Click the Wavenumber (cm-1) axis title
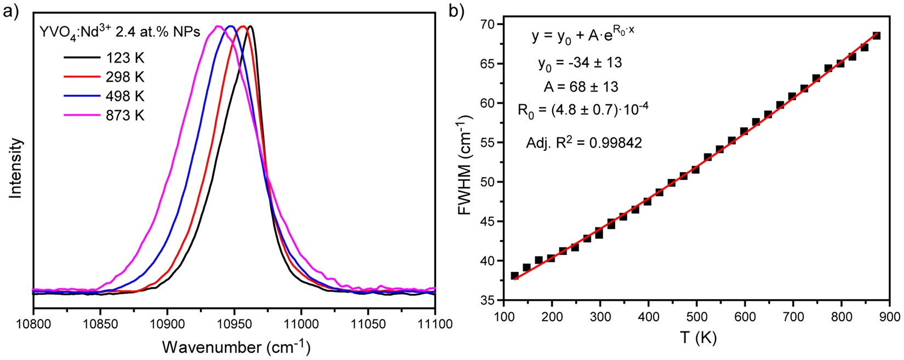point(236,347)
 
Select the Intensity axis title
point(16,168)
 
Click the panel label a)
point(12,11)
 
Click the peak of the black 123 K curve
point(250,26)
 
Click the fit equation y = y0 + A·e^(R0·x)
point(583,37)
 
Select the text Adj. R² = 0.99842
point(584,142)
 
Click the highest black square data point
point(876,36)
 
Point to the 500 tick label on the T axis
point(696,318)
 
